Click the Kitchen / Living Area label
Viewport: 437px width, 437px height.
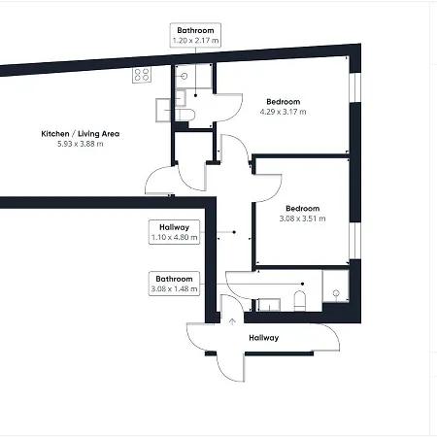[x=81, y=134]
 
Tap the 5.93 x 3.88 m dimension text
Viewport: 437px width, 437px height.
[x=81, y=144]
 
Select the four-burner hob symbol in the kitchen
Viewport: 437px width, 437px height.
[x=142, y=75]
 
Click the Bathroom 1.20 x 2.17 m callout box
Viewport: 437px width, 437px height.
[x=195, y=35]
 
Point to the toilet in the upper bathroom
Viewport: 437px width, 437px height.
[x=185, y=115]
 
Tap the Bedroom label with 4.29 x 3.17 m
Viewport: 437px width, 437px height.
[x=284, y=102]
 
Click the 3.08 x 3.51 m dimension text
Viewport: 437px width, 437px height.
[x=302, y=218]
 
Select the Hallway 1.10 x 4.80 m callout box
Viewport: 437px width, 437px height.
[x=174, y=232]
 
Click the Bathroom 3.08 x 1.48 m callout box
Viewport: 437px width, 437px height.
[x=174, y=284]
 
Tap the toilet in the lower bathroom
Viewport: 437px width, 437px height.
[x=300, y=301]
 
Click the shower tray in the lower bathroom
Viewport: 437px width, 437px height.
[x=336, y=286]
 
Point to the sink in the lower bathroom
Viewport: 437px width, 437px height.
[x=269, y=305]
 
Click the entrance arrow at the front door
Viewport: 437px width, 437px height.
[x=232, y=321]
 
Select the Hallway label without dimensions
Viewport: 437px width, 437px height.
[x=264, y=338]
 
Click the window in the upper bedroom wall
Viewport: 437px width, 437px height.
[x=355, y=87]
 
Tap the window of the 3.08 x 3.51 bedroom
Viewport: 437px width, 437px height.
[x=355, y=241]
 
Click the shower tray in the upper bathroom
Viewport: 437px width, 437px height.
[x=193, y=77]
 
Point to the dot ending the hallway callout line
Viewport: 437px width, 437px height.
[x=234, y=232]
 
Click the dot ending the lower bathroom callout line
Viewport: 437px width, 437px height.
[x=302, y=284]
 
